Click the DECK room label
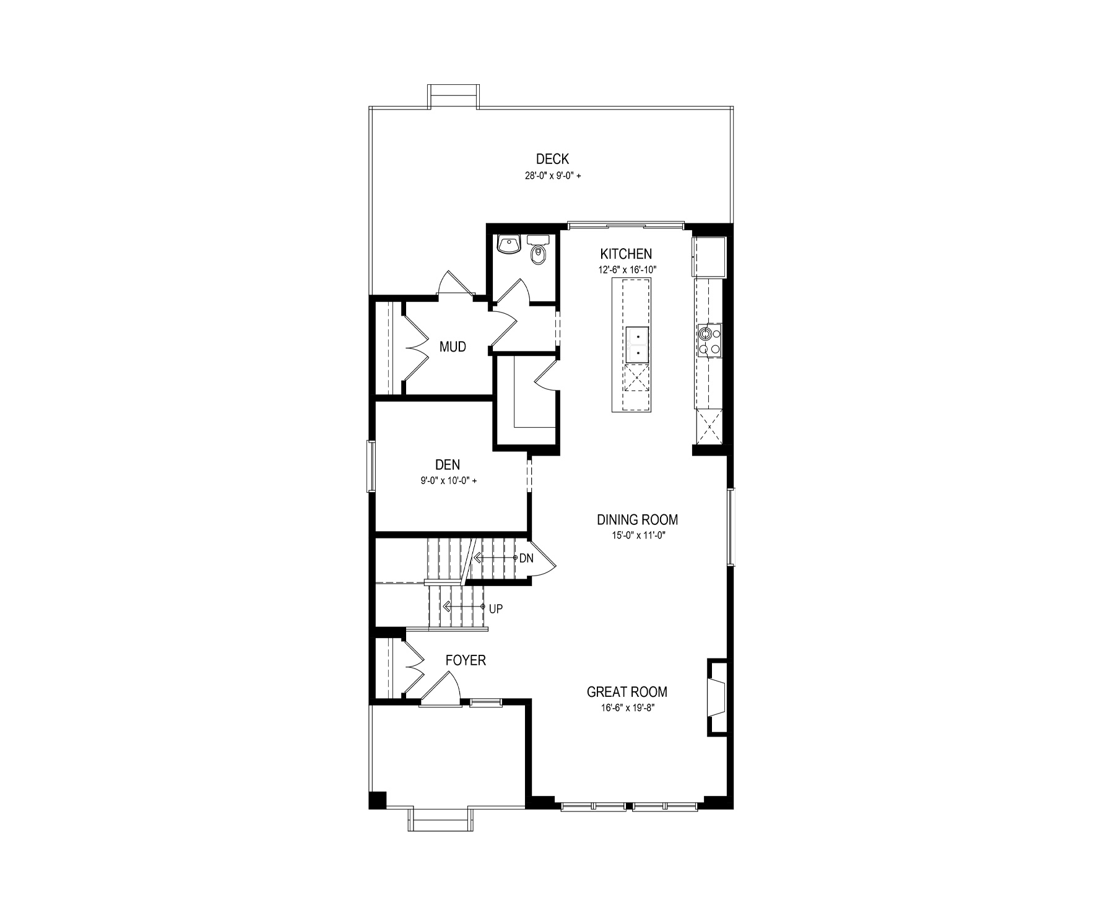552,160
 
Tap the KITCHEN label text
626,254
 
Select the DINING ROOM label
637,520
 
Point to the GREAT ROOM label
627,692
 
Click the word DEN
448,465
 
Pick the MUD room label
453,347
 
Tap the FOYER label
466,661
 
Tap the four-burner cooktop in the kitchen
709,340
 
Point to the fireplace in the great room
718,697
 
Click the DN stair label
526,558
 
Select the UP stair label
496,609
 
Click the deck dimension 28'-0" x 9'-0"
553,176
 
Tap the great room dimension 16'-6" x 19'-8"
627,708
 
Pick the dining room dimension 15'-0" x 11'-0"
637,535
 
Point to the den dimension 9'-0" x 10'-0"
448,480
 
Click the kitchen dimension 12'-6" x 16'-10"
627,270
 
